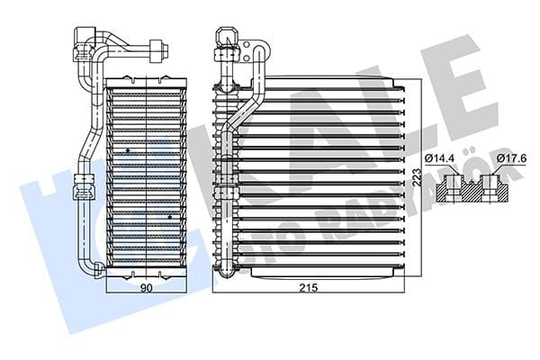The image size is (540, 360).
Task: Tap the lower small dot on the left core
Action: point(169,217)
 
